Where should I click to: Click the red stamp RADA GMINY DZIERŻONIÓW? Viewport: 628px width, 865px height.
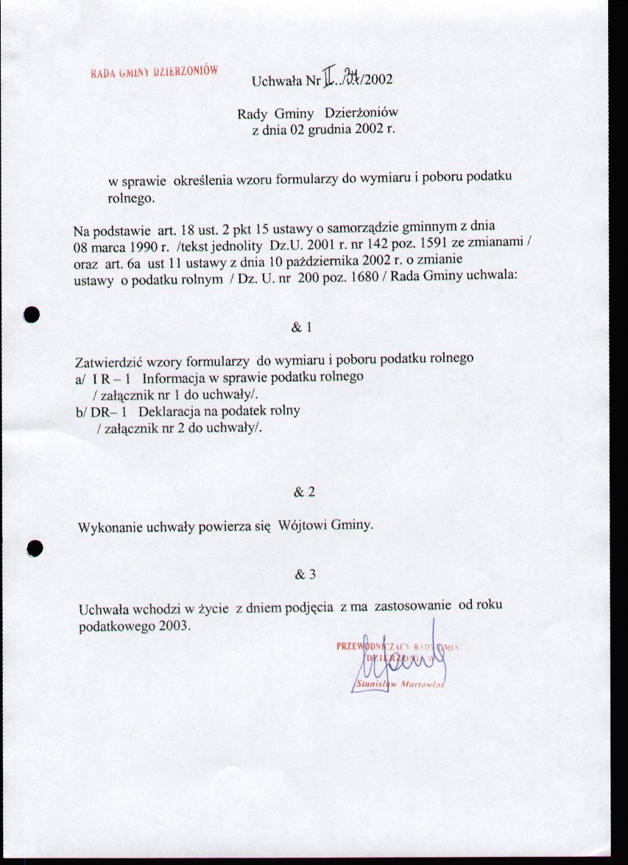coord(155,72)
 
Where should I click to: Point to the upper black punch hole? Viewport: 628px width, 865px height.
coord(30,314)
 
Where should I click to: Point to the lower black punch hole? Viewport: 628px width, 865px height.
coord(32,548)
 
